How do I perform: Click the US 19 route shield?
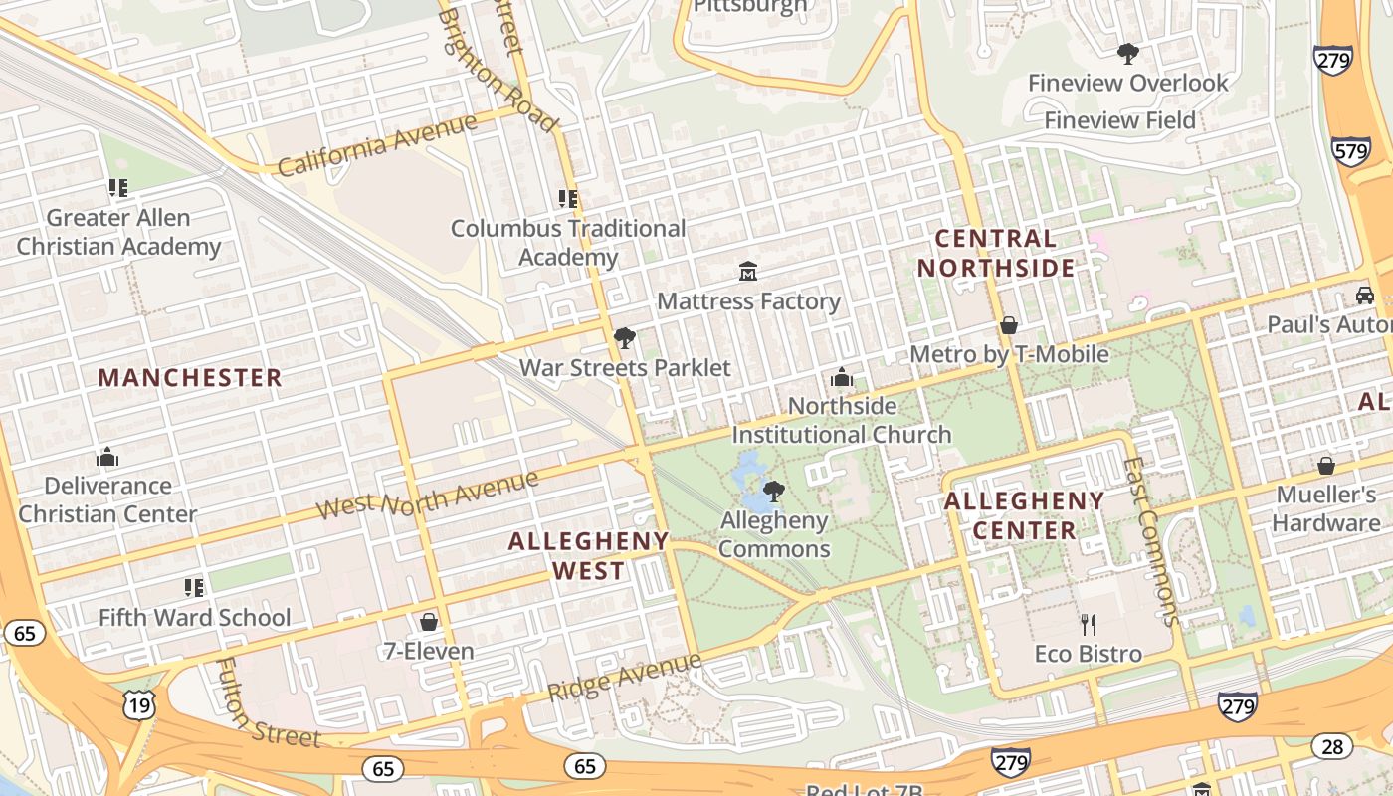tap(138, 705)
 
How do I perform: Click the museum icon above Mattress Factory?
tap(748, 271)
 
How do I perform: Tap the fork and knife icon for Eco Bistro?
tap(1088, 625)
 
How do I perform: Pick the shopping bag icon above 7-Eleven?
tap(429, 622)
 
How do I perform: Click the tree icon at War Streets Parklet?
tap(625, 338)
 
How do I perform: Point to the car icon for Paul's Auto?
tap(1365, 296)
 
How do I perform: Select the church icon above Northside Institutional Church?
tap(842, 377)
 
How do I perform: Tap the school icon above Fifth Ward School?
tap(194, 588)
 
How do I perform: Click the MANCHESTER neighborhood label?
tap(190, 378)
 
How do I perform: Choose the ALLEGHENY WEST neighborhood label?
tap(588, 555)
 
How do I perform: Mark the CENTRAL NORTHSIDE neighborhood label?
tap(996, 253)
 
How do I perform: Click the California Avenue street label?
tap(377, 145)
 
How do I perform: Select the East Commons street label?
tap(1150, 541)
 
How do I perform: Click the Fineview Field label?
tap(1119, 120)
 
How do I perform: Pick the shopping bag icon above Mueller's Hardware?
tap(1325, 466)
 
